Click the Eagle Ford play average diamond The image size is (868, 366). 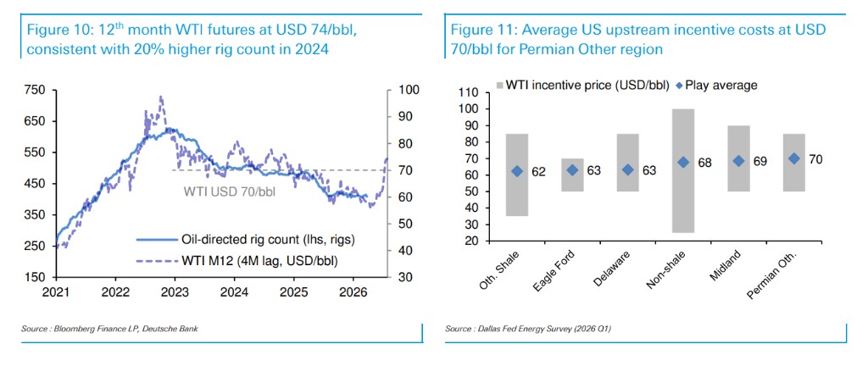point(572,169)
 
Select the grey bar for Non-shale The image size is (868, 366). point(683,169)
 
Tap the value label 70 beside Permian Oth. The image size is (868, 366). point(816,158)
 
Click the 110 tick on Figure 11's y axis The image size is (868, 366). point(468,91)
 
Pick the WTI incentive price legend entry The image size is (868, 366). point(582,85)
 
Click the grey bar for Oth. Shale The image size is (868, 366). point(517,175)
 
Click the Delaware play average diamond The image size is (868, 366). point(627,169)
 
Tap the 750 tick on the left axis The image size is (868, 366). point(35,90)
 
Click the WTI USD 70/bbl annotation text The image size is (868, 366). point(223,191)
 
